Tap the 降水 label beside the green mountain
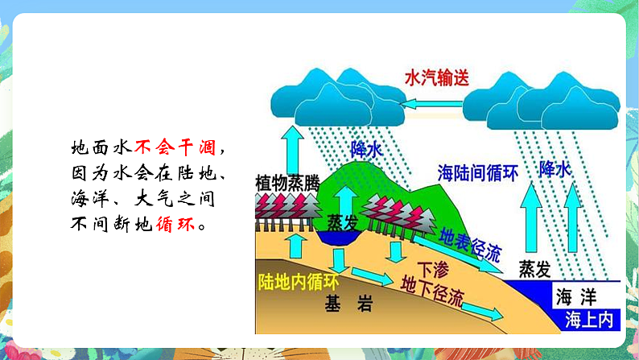tap(367, 150)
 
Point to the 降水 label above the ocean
tap(554, 169)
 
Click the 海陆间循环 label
tap(476, 172)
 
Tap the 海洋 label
tap(577, 296)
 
